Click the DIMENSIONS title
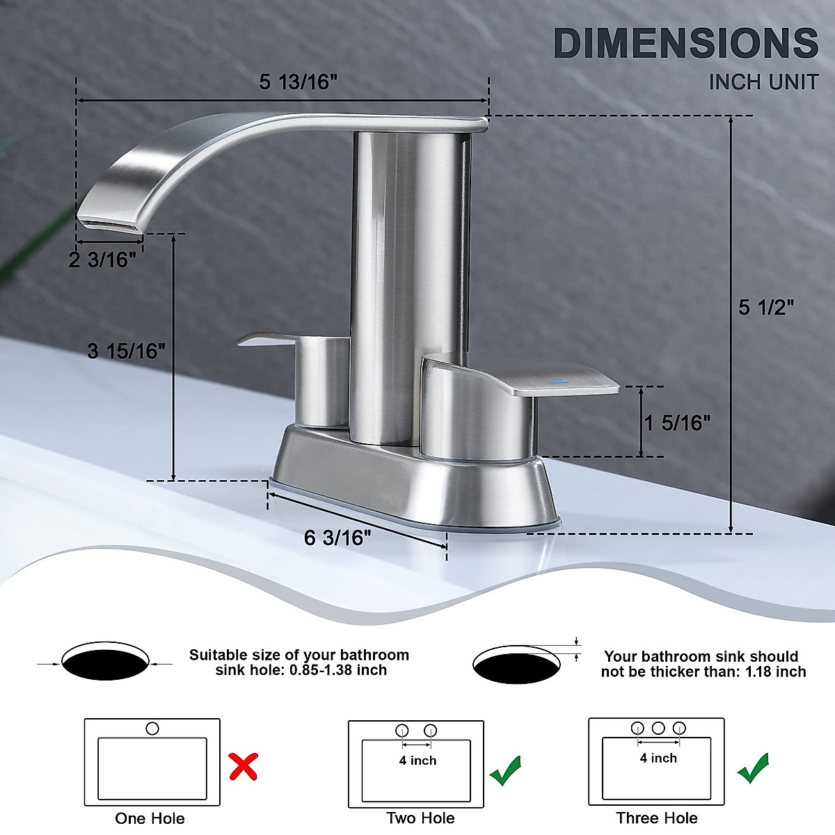click(685, 44)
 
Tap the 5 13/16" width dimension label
click(298, 82)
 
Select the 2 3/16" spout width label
click(102, 260)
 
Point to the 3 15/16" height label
click(127, 351)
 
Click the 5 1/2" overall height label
click(766, 307)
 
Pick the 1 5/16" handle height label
click(677, 422)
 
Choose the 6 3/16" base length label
click(337, 538)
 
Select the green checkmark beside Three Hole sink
click(754, 768)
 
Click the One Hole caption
click(150, 818)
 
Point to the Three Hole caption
click(656, 818)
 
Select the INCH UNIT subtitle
click(763, 82)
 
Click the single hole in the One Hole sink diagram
click(152, 729)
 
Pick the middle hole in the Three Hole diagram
click(658, 728)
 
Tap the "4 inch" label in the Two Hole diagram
click(417, 761)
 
